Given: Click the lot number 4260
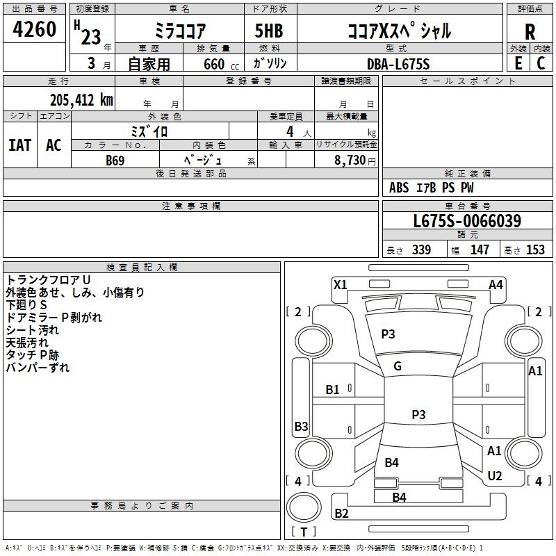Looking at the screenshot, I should [35, 29].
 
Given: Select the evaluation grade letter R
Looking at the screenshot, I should [530, 33].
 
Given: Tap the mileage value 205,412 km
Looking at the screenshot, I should [81, 100].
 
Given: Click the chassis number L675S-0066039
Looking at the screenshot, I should [466, 222].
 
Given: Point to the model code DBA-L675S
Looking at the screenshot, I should [398, 63].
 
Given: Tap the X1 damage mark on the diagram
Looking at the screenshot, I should [341, 284].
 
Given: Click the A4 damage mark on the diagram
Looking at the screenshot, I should [496, 284].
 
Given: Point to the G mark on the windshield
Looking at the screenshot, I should [398, 366].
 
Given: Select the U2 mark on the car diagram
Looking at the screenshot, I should [495, 475].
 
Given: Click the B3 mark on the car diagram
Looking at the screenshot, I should [301, 426].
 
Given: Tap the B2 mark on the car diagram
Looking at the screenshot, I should [342, 514].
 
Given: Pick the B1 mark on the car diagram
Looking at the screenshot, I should [333, 390].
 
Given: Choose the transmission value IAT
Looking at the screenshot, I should [19, 145].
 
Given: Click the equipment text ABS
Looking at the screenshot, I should [399, 188].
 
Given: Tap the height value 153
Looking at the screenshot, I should [535, 250].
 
